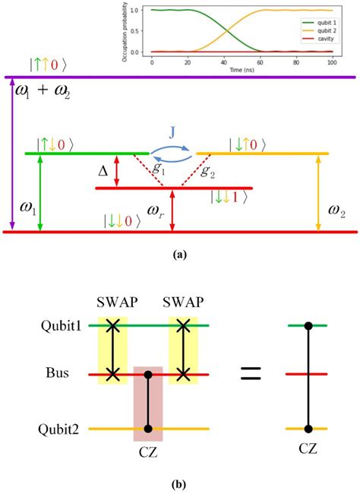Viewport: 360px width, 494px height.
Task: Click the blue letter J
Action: (x=170, y=131)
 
